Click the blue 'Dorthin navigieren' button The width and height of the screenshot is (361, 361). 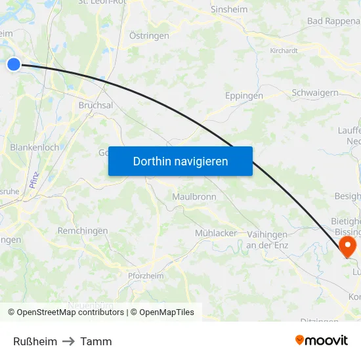click(180, 161)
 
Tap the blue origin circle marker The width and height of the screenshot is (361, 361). click(14, 64)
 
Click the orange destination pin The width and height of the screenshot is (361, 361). click(346, 246)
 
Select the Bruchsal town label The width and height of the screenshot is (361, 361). click(96, 105)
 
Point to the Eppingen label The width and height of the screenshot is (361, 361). click(244, 96)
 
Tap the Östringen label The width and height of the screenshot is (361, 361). click(149, 35)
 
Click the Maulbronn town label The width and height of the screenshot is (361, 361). click(194, 197)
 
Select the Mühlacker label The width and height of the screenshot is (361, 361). click(216, 233)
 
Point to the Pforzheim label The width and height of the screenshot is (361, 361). click(145, 276)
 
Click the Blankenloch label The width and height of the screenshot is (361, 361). click(34, 148)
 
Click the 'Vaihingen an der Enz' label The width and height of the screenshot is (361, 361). click(266, 240)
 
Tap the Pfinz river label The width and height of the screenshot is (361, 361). click(35, 179)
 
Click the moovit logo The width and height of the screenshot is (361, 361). click(321, 340)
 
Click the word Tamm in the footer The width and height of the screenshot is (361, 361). click(96, 341)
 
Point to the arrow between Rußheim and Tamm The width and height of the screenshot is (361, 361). click(68, 341)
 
